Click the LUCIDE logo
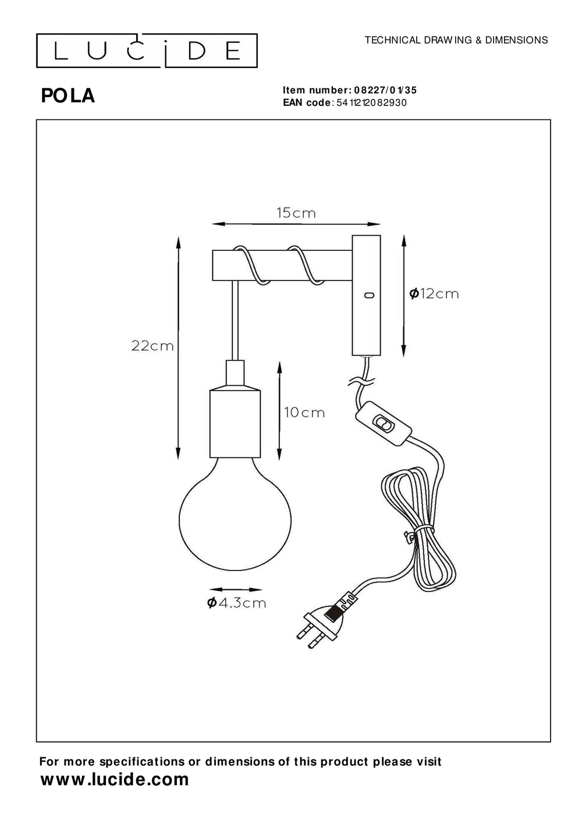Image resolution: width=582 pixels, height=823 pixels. (147, 51)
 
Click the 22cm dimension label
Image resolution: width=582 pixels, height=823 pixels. (152, 346)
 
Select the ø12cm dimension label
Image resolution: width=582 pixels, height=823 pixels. (434, 294)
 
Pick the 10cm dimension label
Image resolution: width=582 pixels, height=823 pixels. (304, 413)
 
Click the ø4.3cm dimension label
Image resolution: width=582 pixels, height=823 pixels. (237, 603)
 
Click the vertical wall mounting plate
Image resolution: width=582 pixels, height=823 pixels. (366, 295)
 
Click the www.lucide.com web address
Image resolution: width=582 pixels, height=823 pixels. (115, 780)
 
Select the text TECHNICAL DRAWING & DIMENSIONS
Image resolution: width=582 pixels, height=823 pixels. (456, 40)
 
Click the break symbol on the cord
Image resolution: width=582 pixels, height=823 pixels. (361, 382)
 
